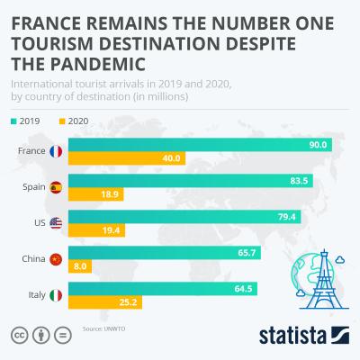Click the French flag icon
(56, 151)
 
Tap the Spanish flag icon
(56, 187)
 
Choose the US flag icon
(56, 223)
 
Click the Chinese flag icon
(56, 259)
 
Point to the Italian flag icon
(56, 294)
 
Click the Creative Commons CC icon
(18, 335)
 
